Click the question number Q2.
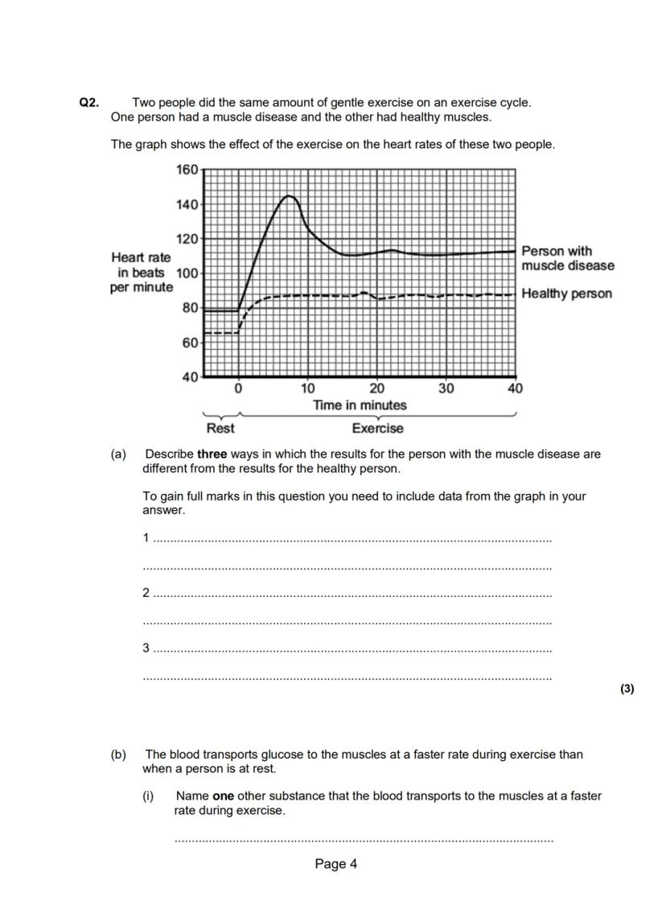click(88, 103)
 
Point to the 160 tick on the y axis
click(187, 170)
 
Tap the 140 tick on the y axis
click(187, 204)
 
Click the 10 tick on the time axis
click(308, 389)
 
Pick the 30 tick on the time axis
click(446, 389)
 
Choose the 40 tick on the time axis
click(515, 389)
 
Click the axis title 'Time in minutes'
click(360, 405)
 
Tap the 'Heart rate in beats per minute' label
click(142, 272)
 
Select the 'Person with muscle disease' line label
click(567, 258)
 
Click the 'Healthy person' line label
click(566, 294)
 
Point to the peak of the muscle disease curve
click(290, 195)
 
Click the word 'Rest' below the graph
click(220, 429)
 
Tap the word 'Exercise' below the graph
click(377, 429)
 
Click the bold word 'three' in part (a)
click(212, 455)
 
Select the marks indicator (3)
click(627, 689)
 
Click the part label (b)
click(119, 755)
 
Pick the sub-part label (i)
click(148, 796)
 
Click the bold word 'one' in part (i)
click(223, 796)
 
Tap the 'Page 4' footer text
click(335, 864)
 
